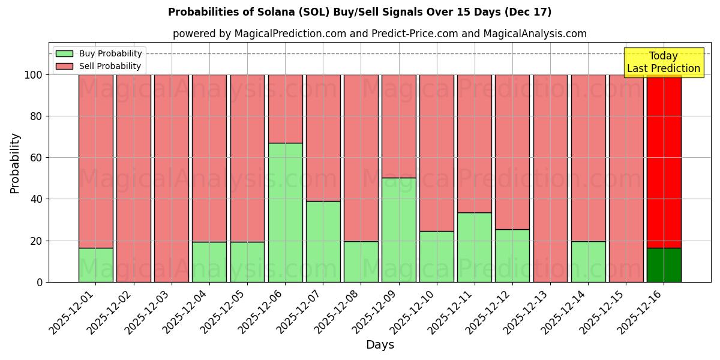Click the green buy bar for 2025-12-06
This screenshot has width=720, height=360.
[x=285, y=212]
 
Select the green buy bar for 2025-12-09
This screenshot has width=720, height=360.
[x=398, y=230]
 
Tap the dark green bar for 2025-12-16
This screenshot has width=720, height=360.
[x=664, y=265]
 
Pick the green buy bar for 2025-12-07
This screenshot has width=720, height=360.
[x=323, y=241]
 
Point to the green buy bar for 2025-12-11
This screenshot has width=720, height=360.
[x=474, y=247]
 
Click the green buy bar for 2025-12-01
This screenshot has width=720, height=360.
[x=95, y=265]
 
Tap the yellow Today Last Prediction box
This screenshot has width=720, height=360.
[x=663, y=62]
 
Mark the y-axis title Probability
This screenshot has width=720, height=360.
[x=15, y=163]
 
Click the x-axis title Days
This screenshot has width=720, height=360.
[x=380, y=345]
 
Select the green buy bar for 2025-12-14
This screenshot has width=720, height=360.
[x=588, y=262]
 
